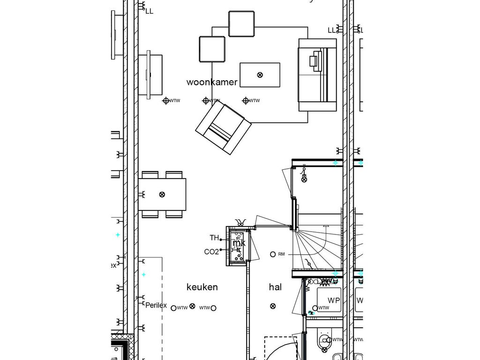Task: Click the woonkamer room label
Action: pyautogui.click(x=212, y=82)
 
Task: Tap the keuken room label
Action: pyautogui.click(x=202, y=287)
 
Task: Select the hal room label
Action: pyautogui.click(x=275, y=287)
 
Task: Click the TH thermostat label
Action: pyautogui.click(x=214, y=238)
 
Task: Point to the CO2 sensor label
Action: pyautogui.click(x=211, y=252)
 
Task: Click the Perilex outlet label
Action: pyautogui.click(x=156, y=305)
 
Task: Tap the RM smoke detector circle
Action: pyautogui.click(x=273, y=254)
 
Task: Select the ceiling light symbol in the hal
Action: pyautogui.click(x=273, y=306)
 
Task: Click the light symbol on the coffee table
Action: pyautogui.click(x=260, y=75)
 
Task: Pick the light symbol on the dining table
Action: pyautogui.click(x=162, y=194)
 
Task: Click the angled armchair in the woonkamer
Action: pyautogui.click(x=223, y=128)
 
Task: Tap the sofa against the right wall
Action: pyautogui.click(x=317, y=75)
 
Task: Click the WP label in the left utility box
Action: pyautogui.click(x=333, y=300)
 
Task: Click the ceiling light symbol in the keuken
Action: pyautogui.click(x=192, y=306)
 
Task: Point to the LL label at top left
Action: pyautogui.click(x=149, y=11)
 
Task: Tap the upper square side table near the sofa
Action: pyautogui.click(x=241, y=23)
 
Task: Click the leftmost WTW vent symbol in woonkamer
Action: pyautogui.click(x=165, y=100)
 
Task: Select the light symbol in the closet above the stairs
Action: pyautogui.click(x=304, y=179)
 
